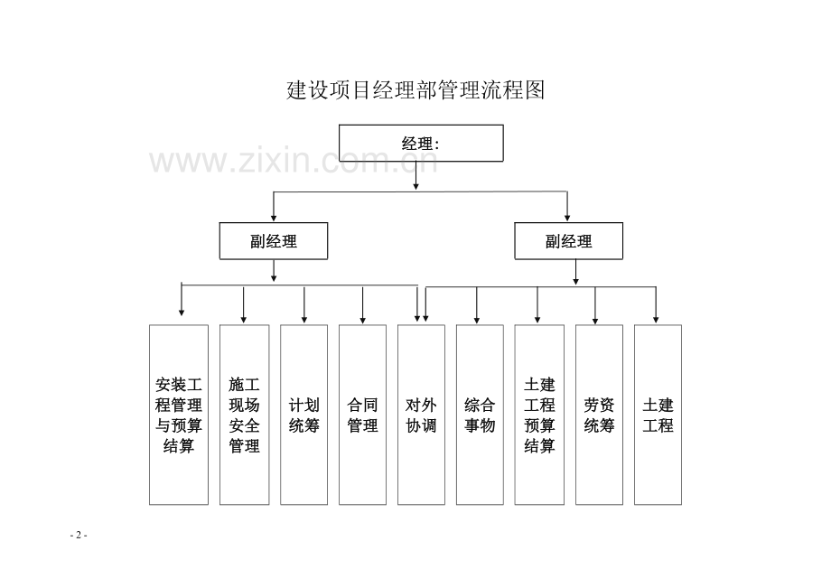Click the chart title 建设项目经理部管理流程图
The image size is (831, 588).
415,90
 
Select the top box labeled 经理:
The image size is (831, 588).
421,143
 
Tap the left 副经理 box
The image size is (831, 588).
274,241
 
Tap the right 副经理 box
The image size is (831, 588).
569,241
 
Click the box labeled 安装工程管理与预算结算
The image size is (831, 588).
179,415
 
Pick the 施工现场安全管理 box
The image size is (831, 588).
244,415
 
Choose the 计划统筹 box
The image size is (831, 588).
303,415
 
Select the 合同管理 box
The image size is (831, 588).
362,415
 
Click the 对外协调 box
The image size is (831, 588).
421,415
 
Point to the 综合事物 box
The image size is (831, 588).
480,415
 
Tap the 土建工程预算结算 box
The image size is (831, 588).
539,415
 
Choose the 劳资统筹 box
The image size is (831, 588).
599,415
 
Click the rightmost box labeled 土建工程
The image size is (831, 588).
658,415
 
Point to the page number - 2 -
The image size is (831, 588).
79,535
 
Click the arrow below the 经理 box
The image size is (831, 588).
416,175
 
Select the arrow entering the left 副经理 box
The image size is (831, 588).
274,206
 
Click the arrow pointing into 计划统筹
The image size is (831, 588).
304,305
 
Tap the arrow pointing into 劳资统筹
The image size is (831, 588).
595,305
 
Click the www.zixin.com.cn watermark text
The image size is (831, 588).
294,160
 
